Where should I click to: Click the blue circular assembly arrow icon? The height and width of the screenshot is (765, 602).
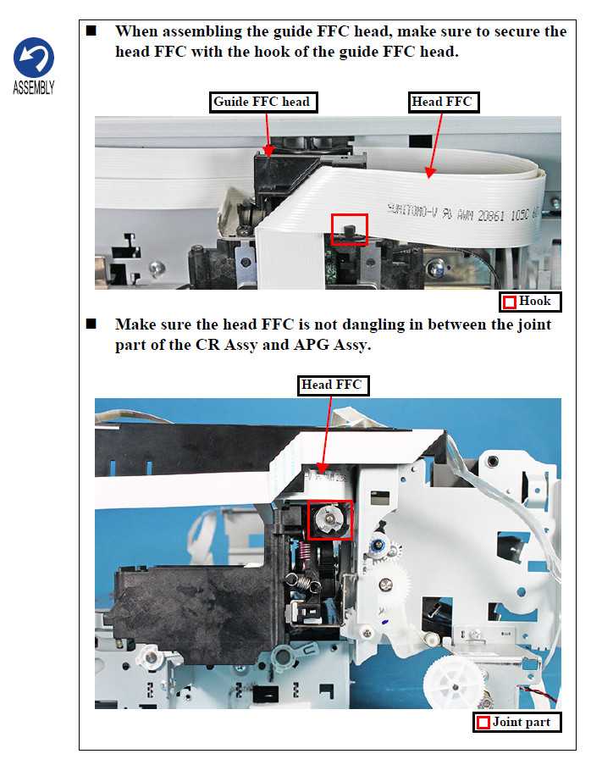click(x=34, y=57)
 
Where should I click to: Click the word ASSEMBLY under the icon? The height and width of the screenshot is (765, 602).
click(x=34, y=88)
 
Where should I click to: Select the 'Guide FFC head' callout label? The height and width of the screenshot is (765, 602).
click(x=263, y=102)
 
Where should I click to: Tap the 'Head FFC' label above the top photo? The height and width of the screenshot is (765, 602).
click(x=443, y=102)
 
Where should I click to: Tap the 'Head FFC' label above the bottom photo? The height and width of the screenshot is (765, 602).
click(x=333, y=385)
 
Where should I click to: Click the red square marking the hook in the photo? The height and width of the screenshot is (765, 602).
click(x=349, y=230)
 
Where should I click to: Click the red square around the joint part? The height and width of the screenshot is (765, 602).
click(x=329, y=519)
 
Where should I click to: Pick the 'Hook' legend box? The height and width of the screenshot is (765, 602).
click(x=530, y=302)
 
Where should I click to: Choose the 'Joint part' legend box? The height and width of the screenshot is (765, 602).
click(x=516, y=722)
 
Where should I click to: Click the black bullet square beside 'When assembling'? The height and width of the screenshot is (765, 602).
click(x=91, y=31)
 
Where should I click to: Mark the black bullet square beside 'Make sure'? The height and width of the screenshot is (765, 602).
click(x=91, y=324)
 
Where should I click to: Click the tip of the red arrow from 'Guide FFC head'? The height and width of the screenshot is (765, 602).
click(x=268, y=157)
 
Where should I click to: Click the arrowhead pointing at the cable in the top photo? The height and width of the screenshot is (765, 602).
click(x=429, y=173)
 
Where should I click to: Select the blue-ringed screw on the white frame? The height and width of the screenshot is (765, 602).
click(x=378, y=546)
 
